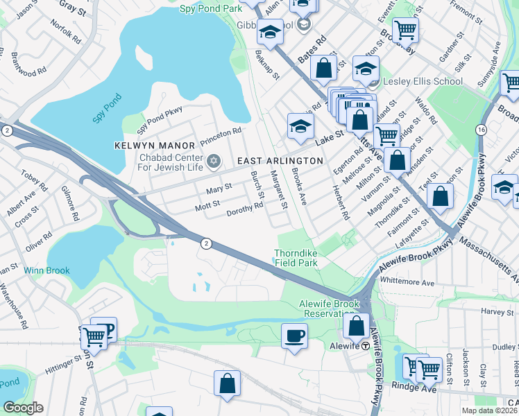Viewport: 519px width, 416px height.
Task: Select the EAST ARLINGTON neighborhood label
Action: click(280, 161)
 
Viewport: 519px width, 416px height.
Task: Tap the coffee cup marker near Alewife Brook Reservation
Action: click(294, 337)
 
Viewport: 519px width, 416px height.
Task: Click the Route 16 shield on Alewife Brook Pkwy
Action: click(481, 130)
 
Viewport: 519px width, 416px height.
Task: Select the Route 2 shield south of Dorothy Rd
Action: click(206, 243)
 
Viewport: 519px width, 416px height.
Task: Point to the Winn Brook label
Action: click(42, 270)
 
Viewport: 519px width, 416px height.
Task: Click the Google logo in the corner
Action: click(23, 408)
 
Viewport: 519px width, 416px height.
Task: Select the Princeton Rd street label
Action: click(221, 131)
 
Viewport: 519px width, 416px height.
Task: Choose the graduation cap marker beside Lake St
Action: click(300, 125)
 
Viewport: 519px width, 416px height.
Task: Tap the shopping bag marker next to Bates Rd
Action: click(323, 68)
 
